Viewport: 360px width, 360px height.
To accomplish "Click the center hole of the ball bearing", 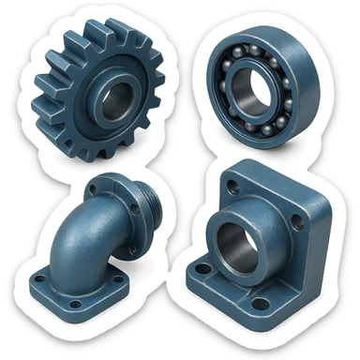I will tap(253, 96).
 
